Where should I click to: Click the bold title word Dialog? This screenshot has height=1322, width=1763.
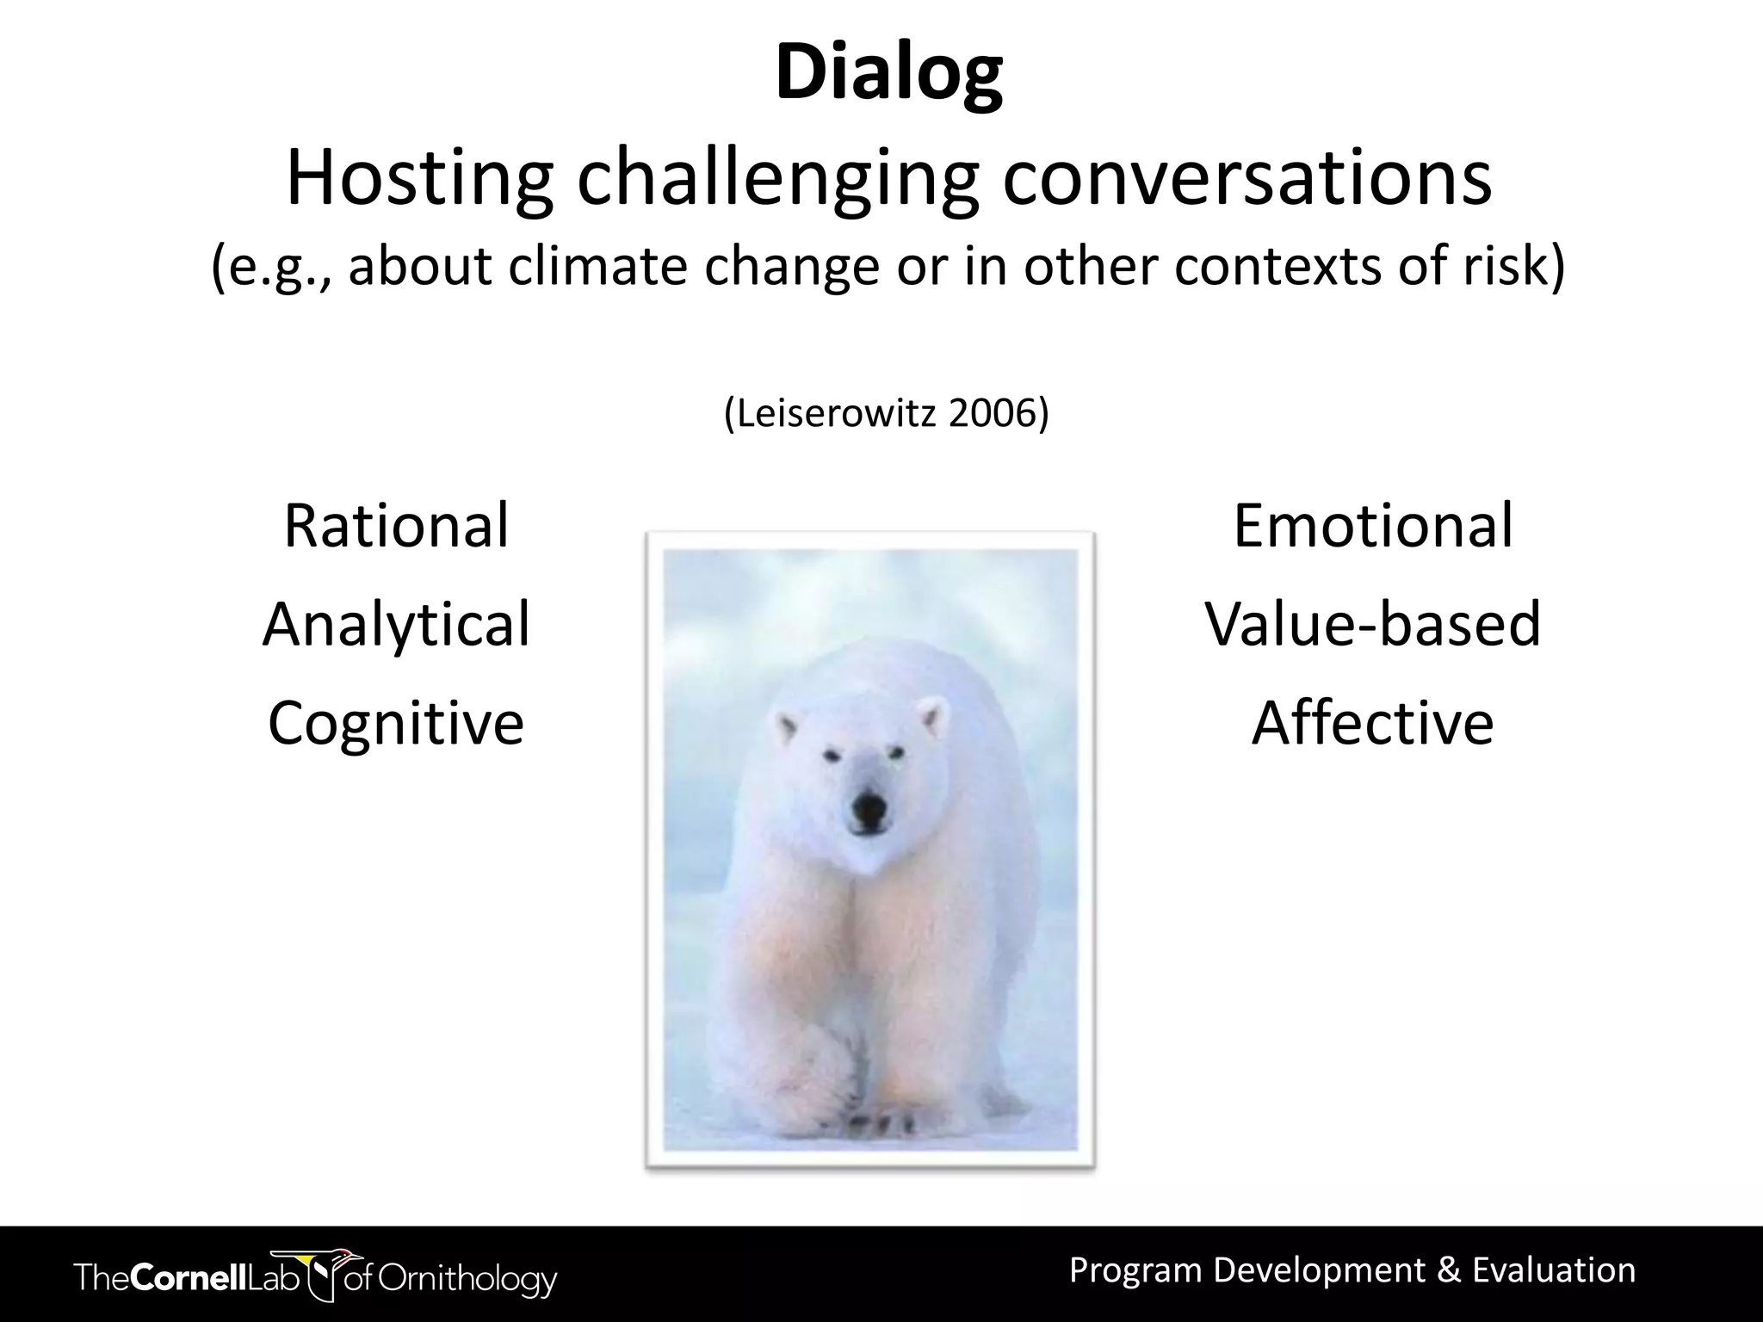888,74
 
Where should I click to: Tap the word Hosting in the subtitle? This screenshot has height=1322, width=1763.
419,178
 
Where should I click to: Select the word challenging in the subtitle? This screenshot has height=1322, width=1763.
777,178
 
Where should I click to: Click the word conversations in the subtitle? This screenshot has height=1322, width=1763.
1246,178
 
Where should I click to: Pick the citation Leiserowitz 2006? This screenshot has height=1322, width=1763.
887,414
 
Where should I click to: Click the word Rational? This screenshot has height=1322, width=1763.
396,526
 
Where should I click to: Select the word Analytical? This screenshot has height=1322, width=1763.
396,624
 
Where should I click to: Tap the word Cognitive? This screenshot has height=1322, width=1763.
396,722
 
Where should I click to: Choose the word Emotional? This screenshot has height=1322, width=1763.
1372,526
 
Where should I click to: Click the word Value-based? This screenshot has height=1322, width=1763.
1372,624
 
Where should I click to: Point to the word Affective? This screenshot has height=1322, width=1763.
1372,722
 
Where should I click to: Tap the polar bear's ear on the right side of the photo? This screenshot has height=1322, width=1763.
931,716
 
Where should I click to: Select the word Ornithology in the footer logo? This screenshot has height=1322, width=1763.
469,1278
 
